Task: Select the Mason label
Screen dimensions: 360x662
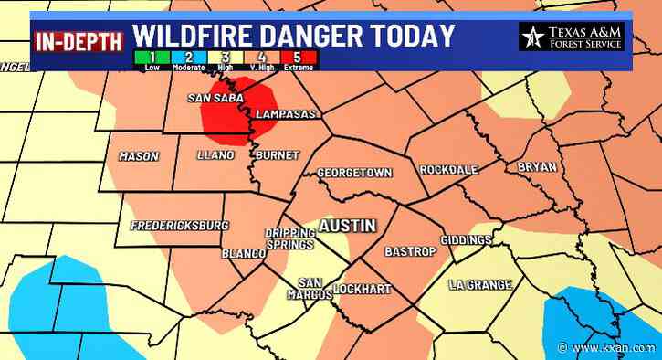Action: click(138, 156)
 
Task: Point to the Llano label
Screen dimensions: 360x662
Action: click(215, 155)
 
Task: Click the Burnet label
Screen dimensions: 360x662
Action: click(277, 155)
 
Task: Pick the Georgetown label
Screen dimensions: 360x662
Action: click(353, 173)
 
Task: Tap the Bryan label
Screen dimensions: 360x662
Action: click(536, 167)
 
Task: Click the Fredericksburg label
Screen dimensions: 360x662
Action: click(179, 225)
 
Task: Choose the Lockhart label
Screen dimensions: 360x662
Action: click(362, 290)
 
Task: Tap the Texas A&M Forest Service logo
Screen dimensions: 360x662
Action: click(572, 37)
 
